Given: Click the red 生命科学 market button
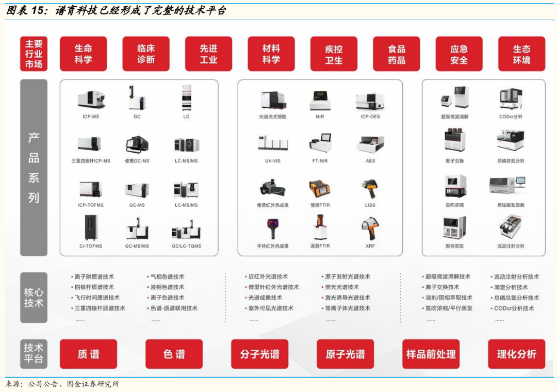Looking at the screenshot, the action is coord(83,54).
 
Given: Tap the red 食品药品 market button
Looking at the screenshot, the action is coord(397,54).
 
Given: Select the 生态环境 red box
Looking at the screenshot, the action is coord(521,54).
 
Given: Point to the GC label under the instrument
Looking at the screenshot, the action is coord(137,117).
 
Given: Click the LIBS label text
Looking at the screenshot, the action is coord(370,205).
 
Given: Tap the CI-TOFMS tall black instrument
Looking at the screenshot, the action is coord(91,227).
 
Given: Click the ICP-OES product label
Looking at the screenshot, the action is coord(370,117).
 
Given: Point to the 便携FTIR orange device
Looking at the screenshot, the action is coord(320,188).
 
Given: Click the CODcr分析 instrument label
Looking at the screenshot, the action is coord(511,117).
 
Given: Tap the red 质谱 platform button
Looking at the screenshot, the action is coord(89,354).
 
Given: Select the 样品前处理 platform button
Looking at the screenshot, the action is coord(431,354).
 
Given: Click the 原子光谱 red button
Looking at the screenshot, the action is coord(345,354).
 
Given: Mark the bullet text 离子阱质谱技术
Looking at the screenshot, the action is coord(94,276).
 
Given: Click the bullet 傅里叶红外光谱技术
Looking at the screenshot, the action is coord(273,287).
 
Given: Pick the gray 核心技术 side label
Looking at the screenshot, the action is coord(34,298).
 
